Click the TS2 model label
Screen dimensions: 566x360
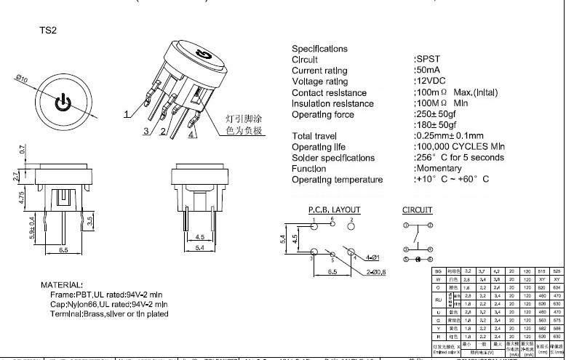(47, 31)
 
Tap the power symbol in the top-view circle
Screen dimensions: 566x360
(64, 101)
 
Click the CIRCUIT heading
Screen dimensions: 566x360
(417, 210)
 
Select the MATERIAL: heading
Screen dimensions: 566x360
(62, 284)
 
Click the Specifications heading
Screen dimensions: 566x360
(319, 48)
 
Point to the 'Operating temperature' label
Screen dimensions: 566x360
(337, 180)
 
